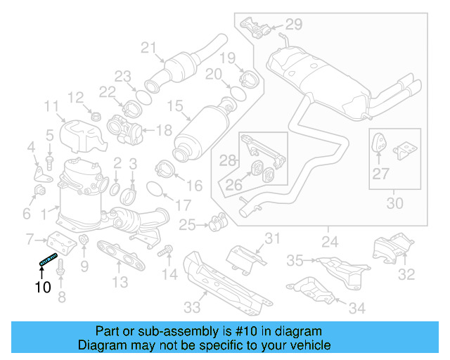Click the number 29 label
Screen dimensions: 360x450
tap(293, 25)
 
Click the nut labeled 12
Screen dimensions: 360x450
tap(96, 115)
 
